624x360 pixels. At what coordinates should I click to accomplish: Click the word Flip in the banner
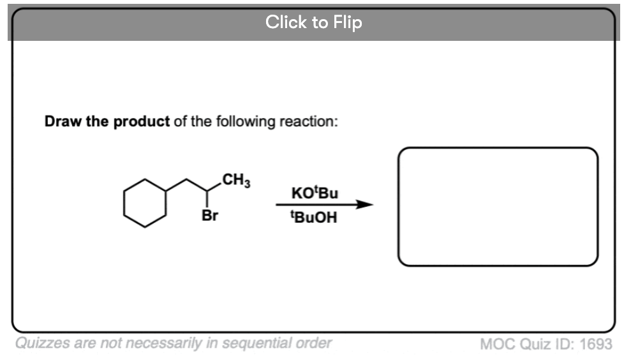click(x=348, y=23)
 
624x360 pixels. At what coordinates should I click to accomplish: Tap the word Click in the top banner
click(x=286, y=22)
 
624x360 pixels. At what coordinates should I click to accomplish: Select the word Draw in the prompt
click(x=63, y=121)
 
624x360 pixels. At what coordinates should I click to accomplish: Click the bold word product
click(x=141, y=121)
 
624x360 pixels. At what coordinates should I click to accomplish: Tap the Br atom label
click(x=210, y=216)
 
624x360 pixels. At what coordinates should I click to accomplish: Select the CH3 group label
click(x=236, y=179)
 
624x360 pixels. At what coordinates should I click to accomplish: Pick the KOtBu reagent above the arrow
click(x=315, y=193)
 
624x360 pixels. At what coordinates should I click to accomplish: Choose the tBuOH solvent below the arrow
click(x=314, y=217)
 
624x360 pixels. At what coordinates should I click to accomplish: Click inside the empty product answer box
click(x=498, y=207)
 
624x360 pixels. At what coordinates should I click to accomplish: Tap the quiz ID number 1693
click(x=596, y=344)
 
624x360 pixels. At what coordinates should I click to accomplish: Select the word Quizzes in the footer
click(x=42, y=343)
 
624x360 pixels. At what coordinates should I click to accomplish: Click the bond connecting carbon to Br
click(x=207, y=199)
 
